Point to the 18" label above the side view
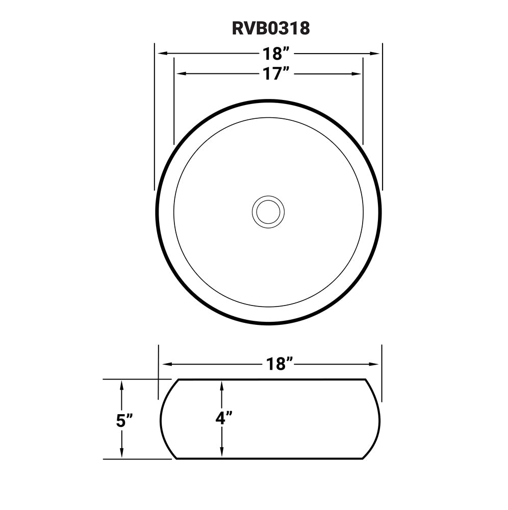[279, 364]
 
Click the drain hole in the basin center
[268, 212]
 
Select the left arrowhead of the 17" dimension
[180, 74]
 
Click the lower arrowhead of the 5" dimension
[121, 453]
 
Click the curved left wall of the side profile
[162, 419]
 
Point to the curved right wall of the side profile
[379, 419]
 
